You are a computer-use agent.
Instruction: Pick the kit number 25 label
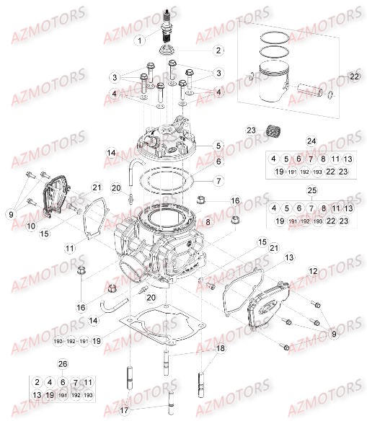[x=311, y=190]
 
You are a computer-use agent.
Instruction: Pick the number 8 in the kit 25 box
[x=323, y=208]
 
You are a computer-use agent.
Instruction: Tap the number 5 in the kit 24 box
[x=286, y=159]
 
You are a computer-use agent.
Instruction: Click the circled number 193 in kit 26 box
[x=87, y=395]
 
